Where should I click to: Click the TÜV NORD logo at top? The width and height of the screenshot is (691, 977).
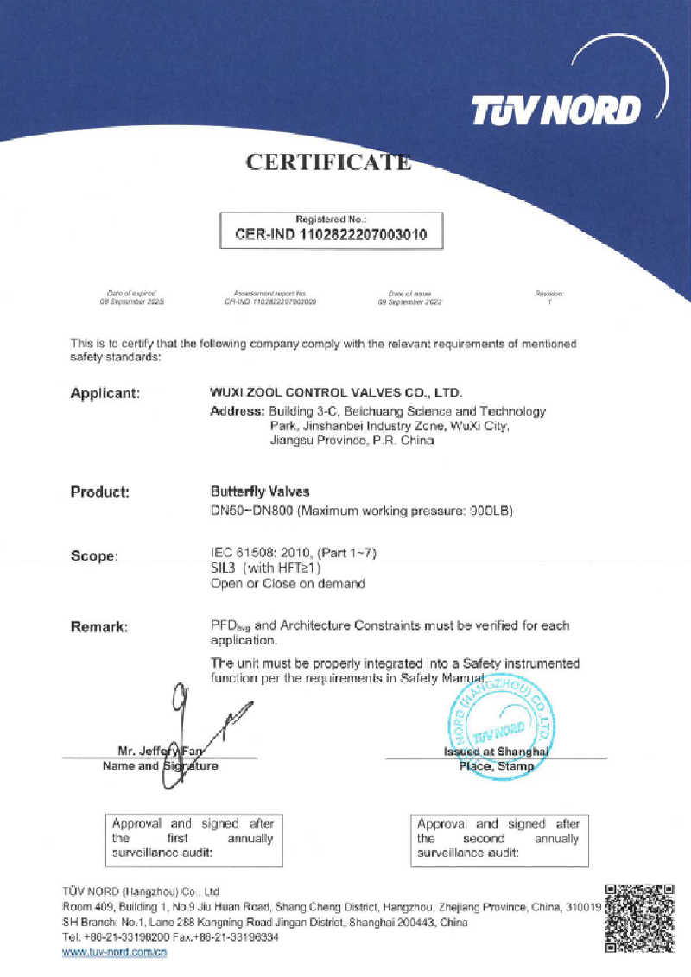tap(556, 110)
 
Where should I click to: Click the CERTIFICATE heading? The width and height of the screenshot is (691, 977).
tap(328, 162)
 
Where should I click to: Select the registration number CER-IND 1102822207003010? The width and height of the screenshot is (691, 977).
tap(332, 233)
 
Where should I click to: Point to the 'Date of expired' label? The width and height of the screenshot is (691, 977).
tap(131, 295)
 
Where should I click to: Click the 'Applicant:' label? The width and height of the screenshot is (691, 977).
tap(105, 394)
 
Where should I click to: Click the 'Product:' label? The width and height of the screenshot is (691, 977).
tap(99, 492)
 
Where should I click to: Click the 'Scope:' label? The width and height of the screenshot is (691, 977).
tap(93, 556)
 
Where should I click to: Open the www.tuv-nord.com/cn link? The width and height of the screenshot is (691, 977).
tap(114, 952)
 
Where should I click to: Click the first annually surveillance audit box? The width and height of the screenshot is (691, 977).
tap(192, 838)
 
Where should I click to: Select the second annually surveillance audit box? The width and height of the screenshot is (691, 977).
tap(498, 838)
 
